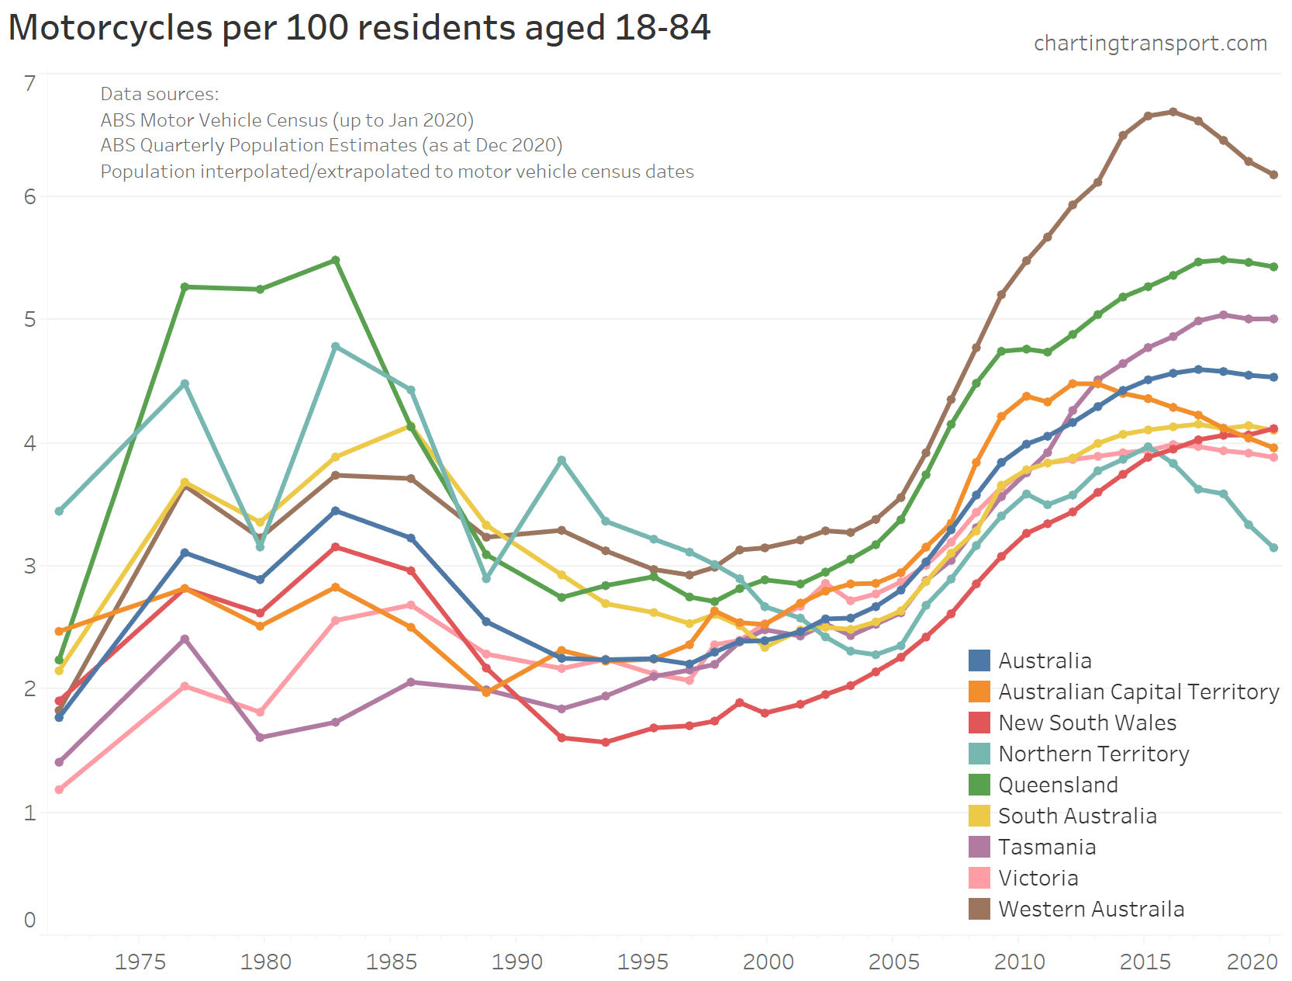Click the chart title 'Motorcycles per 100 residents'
[359, 28]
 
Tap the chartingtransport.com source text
[1150, 43]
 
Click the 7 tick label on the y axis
[30, 83]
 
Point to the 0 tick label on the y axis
[30, 920]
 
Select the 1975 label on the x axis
[140, 962]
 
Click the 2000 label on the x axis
[768, 962]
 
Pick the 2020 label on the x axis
[1252, 962]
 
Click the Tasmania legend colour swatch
[979, 847]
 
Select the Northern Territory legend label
[1093, 754]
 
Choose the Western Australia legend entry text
[1091, 909]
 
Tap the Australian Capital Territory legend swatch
[979, 692]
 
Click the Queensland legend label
[1058, 785]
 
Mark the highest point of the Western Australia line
[1173, 112]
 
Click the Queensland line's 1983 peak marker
[336, 260]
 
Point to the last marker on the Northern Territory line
[1273, 548]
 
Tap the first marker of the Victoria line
[59, 789]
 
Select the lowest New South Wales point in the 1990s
[606, 742]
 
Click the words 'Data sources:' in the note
[160, 94]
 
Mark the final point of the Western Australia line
[1273, 175]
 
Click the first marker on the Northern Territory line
[59, 511]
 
